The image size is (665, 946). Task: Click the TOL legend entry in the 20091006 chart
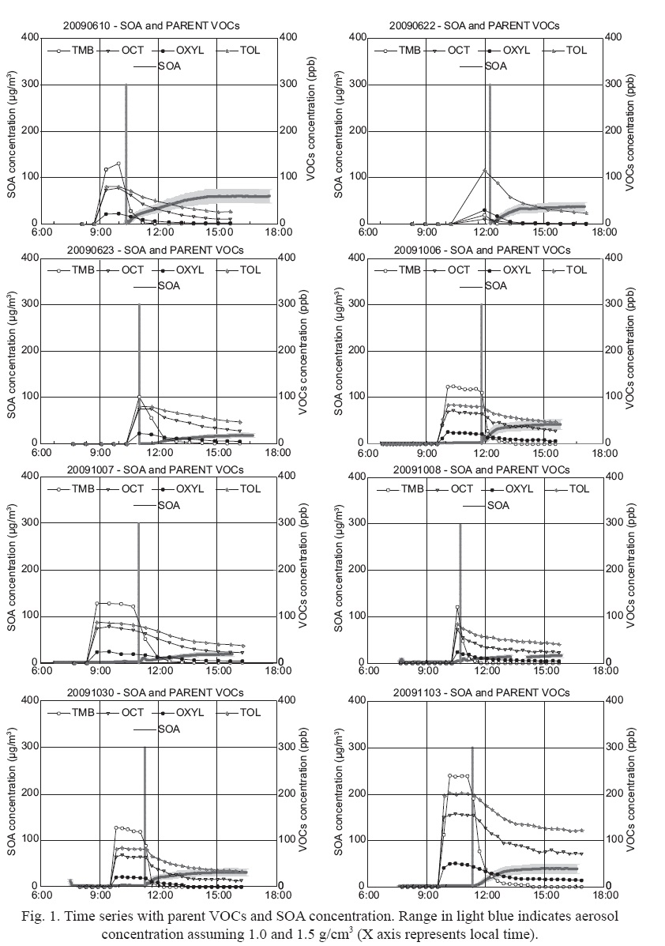[x=576, y=270]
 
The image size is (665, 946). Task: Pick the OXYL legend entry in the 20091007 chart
[x=175, y=489]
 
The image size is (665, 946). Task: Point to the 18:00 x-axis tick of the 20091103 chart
[x=604, y=896]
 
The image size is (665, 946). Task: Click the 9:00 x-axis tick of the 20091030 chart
[x=100, y=896]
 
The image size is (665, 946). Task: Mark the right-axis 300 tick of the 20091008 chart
[x=616, y=523]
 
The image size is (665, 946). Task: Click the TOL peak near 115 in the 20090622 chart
[x=485, y=170]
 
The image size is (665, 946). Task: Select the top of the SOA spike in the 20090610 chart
[x=126, y=85]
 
